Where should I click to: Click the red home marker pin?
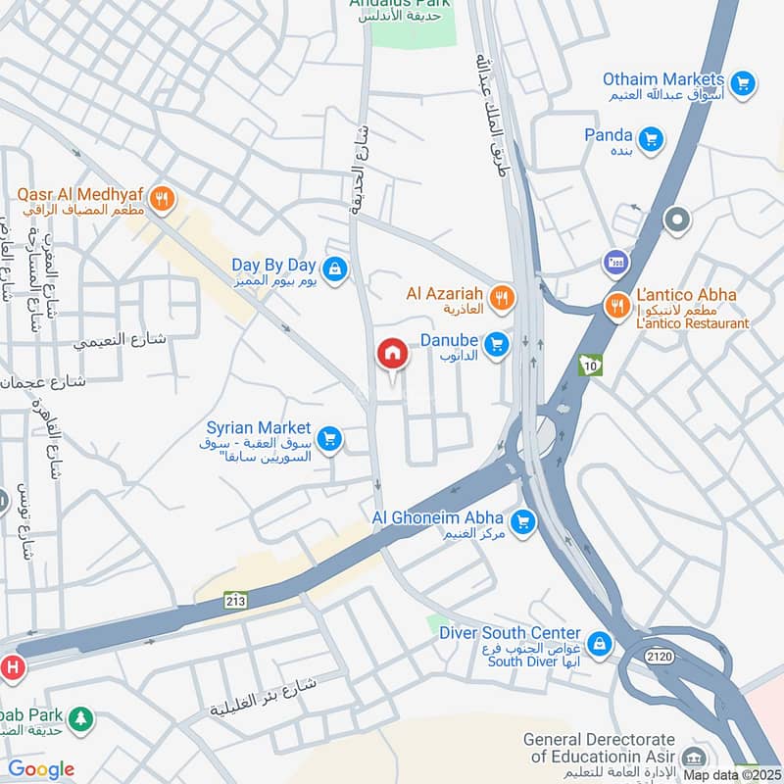coord(393,353)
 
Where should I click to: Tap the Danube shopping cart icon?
coord(497,343)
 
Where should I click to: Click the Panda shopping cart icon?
coord(650,136)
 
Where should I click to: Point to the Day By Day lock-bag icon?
coord(335,269)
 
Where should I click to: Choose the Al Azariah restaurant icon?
coord(502,297)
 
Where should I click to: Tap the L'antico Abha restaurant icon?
coord(617,306)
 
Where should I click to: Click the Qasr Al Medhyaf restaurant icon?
coord(164,200)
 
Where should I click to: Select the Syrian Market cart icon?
coord(329,439)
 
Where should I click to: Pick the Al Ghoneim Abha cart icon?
coord(523,521)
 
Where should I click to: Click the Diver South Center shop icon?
coord(600,645)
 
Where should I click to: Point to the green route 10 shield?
coord(589,366)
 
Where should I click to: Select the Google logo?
coord(40,769)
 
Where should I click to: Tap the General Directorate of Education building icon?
coord(694,759)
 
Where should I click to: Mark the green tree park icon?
coord(81,719)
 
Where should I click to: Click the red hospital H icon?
coord(12,667)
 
